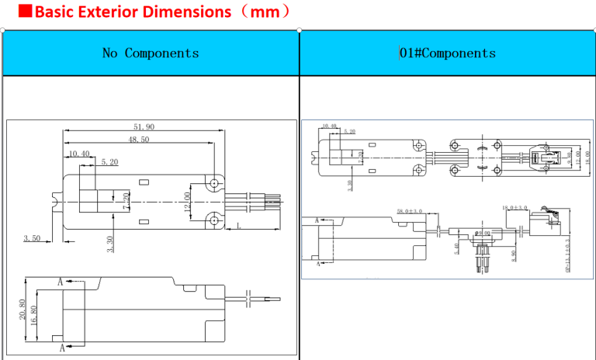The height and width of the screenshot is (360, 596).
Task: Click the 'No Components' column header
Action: pyautogui.click(x=151, y=53)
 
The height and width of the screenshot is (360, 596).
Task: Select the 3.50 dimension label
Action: pyautogui.click(x=31, y=238)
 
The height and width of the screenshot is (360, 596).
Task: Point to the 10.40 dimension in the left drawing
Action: pyautogui.click(x=78, y=154)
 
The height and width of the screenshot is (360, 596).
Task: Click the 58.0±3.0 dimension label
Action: pyautogui.click(x=410, y=211)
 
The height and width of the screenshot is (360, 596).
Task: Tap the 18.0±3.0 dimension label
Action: pyautogui.click(x=515, y=208)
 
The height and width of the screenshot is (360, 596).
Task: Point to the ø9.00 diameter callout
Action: pyautogui.click(x=483, y=233)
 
